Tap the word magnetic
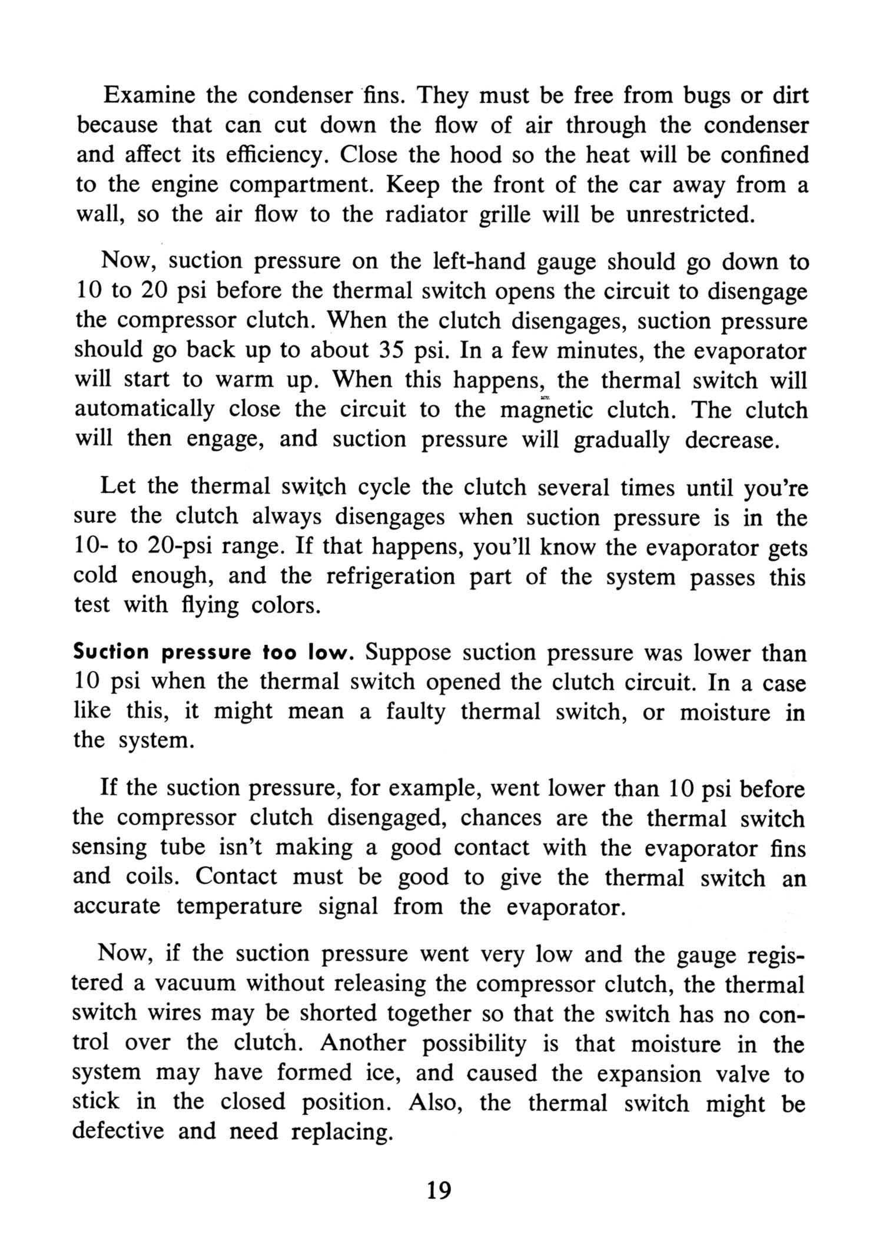547,410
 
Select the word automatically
145,410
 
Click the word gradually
621,441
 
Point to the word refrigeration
390,575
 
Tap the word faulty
416,712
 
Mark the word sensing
109,848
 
